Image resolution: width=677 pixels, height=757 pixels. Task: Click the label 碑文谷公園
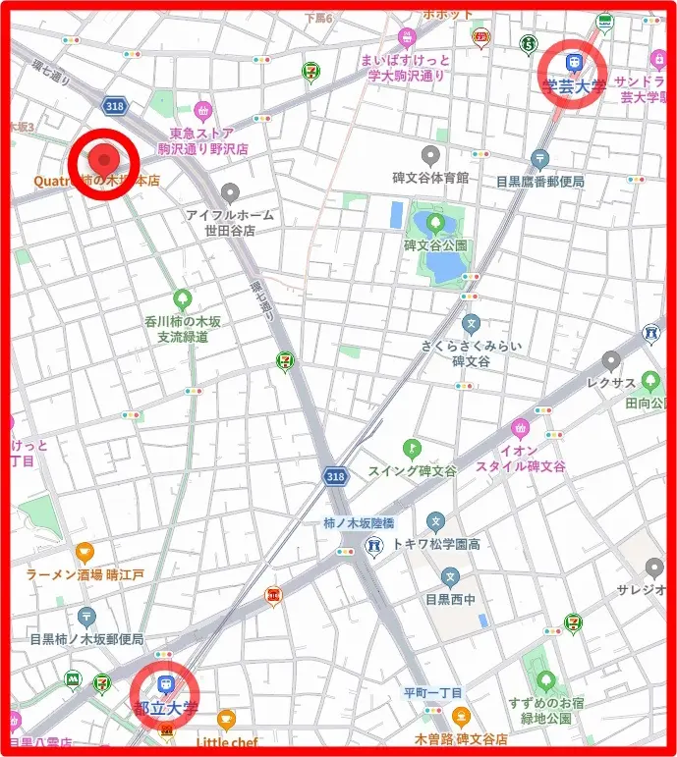tap(436, 245)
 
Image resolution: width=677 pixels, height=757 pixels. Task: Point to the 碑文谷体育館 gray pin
tap(429, 155)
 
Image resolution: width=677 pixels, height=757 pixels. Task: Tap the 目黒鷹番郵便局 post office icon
tap(538, 158)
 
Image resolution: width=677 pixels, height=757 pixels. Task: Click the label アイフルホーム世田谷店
tap(230, 222)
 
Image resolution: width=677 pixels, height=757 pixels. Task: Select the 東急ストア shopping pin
tap(203, 110)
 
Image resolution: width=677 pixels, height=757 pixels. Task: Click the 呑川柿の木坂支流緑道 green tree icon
tap(182, 298)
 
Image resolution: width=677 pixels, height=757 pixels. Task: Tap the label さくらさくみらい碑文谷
tap(471, 352)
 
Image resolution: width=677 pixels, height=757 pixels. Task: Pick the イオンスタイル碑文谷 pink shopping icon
tap(520, 428)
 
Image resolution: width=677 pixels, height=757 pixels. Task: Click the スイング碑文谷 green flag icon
tap(412, 449)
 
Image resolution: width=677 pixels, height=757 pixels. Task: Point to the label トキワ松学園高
tap(435, 543)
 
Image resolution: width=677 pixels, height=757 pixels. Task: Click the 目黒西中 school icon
tap(450, 577)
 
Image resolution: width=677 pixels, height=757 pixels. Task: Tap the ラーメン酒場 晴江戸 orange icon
tap(85, 553)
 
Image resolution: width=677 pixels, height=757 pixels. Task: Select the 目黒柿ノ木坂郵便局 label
tap(86, 639)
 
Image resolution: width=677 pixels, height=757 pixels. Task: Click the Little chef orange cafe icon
tap(226, 720)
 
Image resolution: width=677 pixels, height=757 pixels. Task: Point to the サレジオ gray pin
tap(654, 568)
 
